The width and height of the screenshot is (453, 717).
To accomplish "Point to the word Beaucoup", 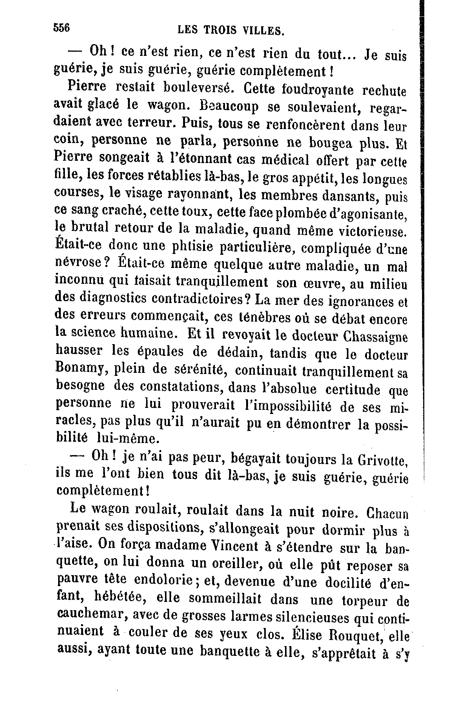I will (x=229, y=107).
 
